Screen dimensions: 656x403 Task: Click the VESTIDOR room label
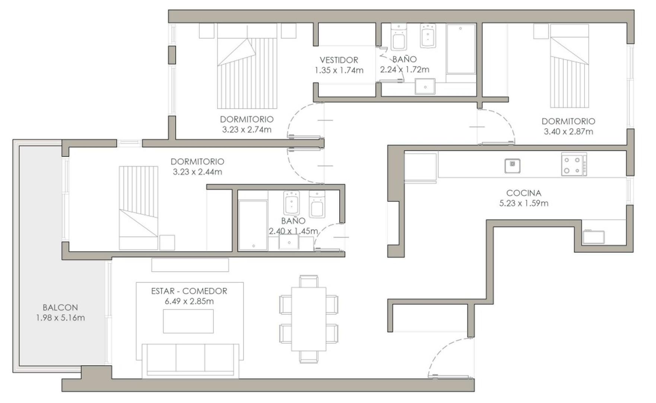[x=339, y=60]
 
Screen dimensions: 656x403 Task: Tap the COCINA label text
[x=523, y=193]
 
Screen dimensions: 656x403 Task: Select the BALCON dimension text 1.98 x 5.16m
[x=60, y=318]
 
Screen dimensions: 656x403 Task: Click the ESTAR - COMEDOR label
[x=189, y=291]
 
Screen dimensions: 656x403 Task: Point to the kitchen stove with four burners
[x=574, y=164]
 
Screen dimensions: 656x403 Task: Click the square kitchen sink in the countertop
[x=512, y=166]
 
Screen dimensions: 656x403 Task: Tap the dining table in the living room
[x=308, y=319]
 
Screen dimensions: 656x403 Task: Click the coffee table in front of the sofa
[x=188, y=321]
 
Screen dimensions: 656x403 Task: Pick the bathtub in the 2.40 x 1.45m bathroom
[x=253, y=225]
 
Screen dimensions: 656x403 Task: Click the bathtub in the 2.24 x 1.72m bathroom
[x=461, y=49]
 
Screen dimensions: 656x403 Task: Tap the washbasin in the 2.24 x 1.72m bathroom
[x=425, y=87]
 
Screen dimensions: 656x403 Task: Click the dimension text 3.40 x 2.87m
[x=568, y=131]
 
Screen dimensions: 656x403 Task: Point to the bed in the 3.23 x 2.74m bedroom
[x=247, y=66]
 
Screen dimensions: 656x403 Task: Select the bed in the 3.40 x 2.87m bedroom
[x=569, y=66]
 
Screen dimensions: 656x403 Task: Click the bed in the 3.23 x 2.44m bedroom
[x=138, y=208]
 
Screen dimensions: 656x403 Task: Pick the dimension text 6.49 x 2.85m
[x=189, y=302]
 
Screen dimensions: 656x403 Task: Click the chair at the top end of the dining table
[x=308, y=281]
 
